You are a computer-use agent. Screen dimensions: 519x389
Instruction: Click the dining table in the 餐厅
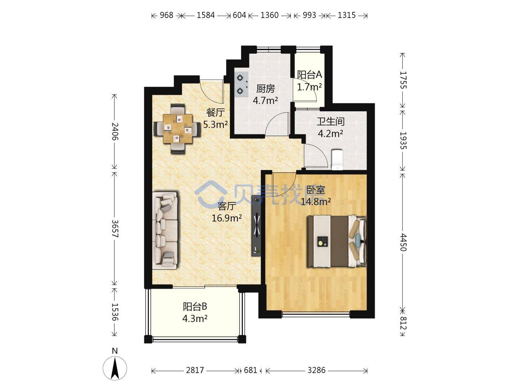coord(177,129)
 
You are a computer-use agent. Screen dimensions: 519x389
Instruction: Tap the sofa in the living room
coord(165,231)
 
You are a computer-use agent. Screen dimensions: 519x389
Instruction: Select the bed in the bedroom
coord(337,241)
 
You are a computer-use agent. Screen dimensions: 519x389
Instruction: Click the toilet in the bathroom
coord(337,160)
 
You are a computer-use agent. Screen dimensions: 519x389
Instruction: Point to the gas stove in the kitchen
coord(241,84)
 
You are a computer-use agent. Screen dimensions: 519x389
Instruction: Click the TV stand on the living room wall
coord(256,226)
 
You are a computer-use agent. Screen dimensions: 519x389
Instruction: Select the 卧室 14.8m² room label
coord(316,196)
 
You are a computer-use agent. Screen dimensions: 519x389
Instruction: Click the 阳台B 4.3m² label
coord(195,313)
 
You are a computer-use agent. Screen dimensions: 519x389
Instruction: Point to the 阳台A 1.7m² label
coord(309,81)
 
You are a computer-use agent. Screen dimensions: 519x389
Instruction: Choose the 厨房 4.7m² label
coord(265,95)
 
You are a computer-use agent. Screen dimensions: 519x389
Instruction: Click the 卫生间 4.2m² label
coord(330,128)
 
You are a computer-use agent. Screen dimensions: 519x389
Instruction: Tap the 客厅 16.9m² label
coord(226,212)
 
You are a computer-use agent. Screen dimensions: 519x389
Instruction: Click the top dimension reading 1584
coord(206,15)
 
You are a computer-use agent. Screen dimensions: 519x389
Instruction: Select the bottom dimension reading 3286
coord(316,370)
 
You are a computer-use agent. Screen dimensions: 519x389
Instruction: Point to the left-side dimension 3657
coord(115,229)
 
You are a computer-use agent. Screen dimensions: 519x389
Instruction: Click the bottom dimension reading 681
coord(250,370)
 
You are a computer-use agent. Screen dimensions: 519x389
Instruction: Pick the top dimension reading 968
coord(167,15)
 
